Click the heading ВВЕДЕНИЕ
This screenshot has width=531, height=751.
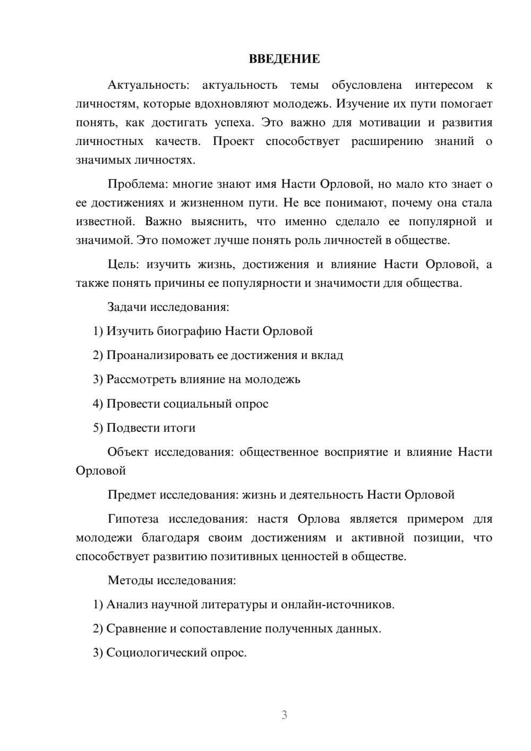(x=284, y=59)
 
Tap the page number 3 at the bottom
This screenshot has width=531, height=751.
(x=284, y=715)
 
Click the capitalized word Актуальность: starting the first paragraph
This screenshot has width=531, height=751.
(x=148, y=85)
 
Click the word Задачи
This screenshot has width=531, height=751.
(x=127, y=307)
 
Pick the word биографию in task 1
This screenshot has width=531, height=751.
(x=189, y=331)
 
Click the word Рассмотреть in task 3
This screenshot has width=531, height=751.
(x=137, y=379)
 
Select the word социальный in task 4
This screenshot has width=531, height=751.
(x=196, y=404)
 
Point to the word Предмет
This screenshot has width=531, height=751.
(x=132, y=495)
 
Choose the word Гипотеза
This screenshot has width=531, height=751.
(x=133, y=519)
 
